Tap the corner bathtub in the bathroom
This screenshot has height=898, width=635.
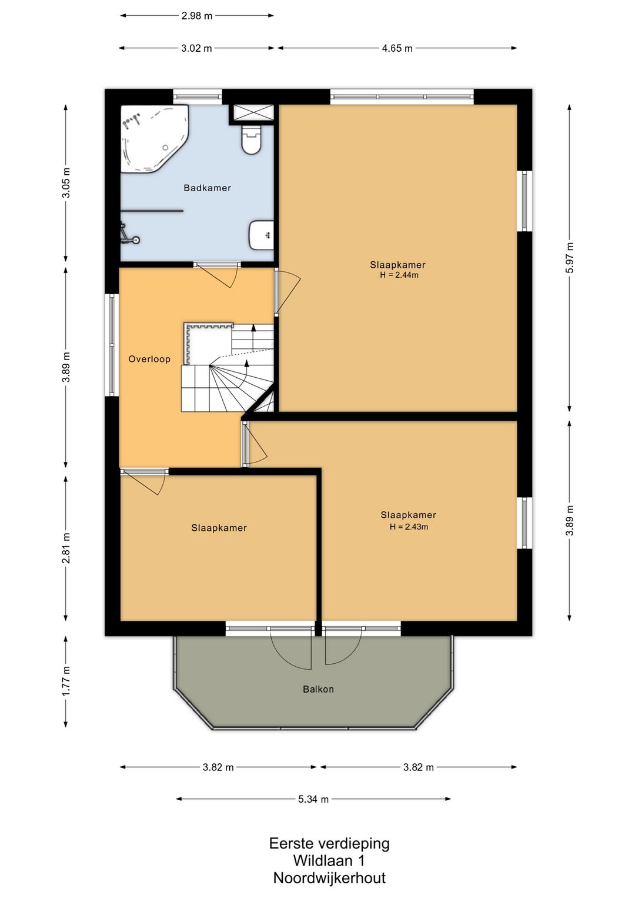[x=154, y=139]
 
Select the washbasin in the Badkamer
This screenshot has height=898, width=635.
[x=261, y=235]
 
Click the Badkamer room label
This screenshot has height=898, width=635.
[x=207, y=188]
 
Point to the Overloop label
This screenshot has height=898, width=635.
[x=149, y=359]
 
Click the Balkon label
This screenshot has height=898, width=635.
[x=318, y=689]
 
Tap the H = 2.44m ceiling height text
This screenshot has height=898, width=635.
[x=399, y=275]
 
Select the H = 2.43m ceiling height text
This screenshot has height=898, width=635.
[x=409, y=527]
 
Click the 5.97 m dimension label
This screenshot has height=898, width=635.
[x=569, y=258]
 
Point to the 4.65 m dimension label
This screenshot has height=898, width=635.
[x=397, y=48]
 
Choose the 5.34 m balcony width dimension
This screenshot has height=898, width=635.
[x=313, y=799]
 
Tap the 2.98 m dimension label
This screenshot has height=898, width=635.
[x=197, y=16]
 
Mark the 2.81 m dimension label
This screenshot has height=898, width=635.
[x=66, y=548]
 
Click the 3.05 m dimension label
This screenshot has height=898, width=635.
[x=66, y=182]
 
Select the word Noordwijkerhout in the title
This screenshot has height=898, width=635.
[x=329, y=877]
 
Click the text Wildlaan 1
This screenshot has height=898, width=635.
[x=329, y=860]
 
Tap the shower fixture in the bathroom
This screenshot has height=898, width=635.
[x=129, y=235]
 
